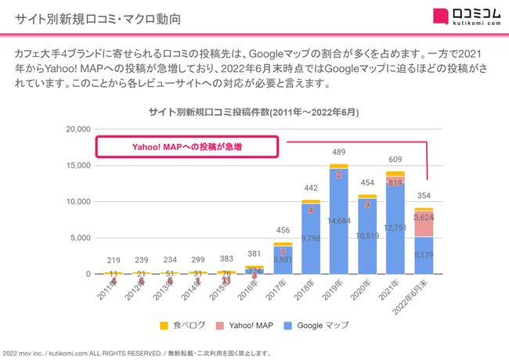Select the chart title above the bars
pyautogui.click(x=254, y=113)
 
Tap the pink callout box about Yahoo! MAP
pyautogui.click(x=186, y=147)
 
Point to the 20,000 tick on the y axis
pyautogui.click(x=77, y=129)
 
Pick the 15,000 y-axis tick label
pyautogui.click(x=77, y=165)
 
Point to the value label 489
pyautogui.click(x=338, y=152)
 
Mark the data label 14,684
pyautogui.click(x=338, y=221)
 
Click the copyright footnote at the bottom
pyautogui.click(x=137, y=353)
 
